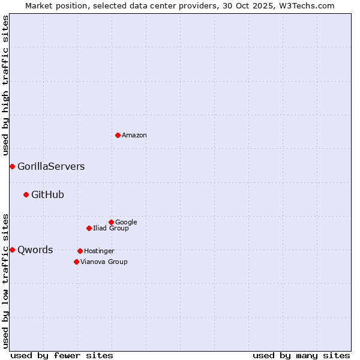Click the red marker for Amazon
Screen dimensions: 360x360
[x=118, y=135]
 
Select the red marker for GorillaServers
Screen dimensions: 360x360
[x=12, y=166]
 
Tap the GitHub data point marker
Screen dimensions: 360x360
[x=26, y=194]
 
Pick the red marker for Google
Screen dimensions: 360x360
[x=111, y=222]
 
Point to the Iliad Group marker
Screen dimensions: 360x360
[x=89, y=228]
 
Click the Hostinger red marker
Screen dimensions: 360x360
[x=80, y=251]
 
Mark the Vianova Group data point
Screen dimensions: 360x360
[x=76, y=262]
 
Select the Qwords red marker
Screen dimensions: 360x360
[x=12, y=250]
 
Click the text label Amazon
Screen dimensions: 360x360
[x=134, y=136]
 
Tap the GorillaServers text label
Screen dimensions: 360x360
[x=51, y=167]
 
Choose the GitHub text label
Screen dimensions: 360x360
[x=47, y=194]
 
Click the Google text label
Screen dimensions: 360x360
[x=126, y=222]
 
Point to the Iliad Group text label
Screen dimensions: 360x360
[x=111, y=228]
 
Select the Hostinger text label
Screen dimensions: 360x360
[x=99, y=251]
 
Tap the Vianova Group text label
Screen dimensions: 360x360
[x=104, y=262]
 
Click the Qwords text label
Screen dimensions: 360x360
[x=35, y=250]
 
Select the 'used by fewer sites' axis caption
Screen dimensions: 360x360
[x=62, y=355]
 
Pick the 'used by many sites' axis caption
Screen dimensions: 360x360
[x=301, y=355]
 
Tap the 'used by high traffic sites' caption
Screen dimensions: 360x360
[x=5, y=85]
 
